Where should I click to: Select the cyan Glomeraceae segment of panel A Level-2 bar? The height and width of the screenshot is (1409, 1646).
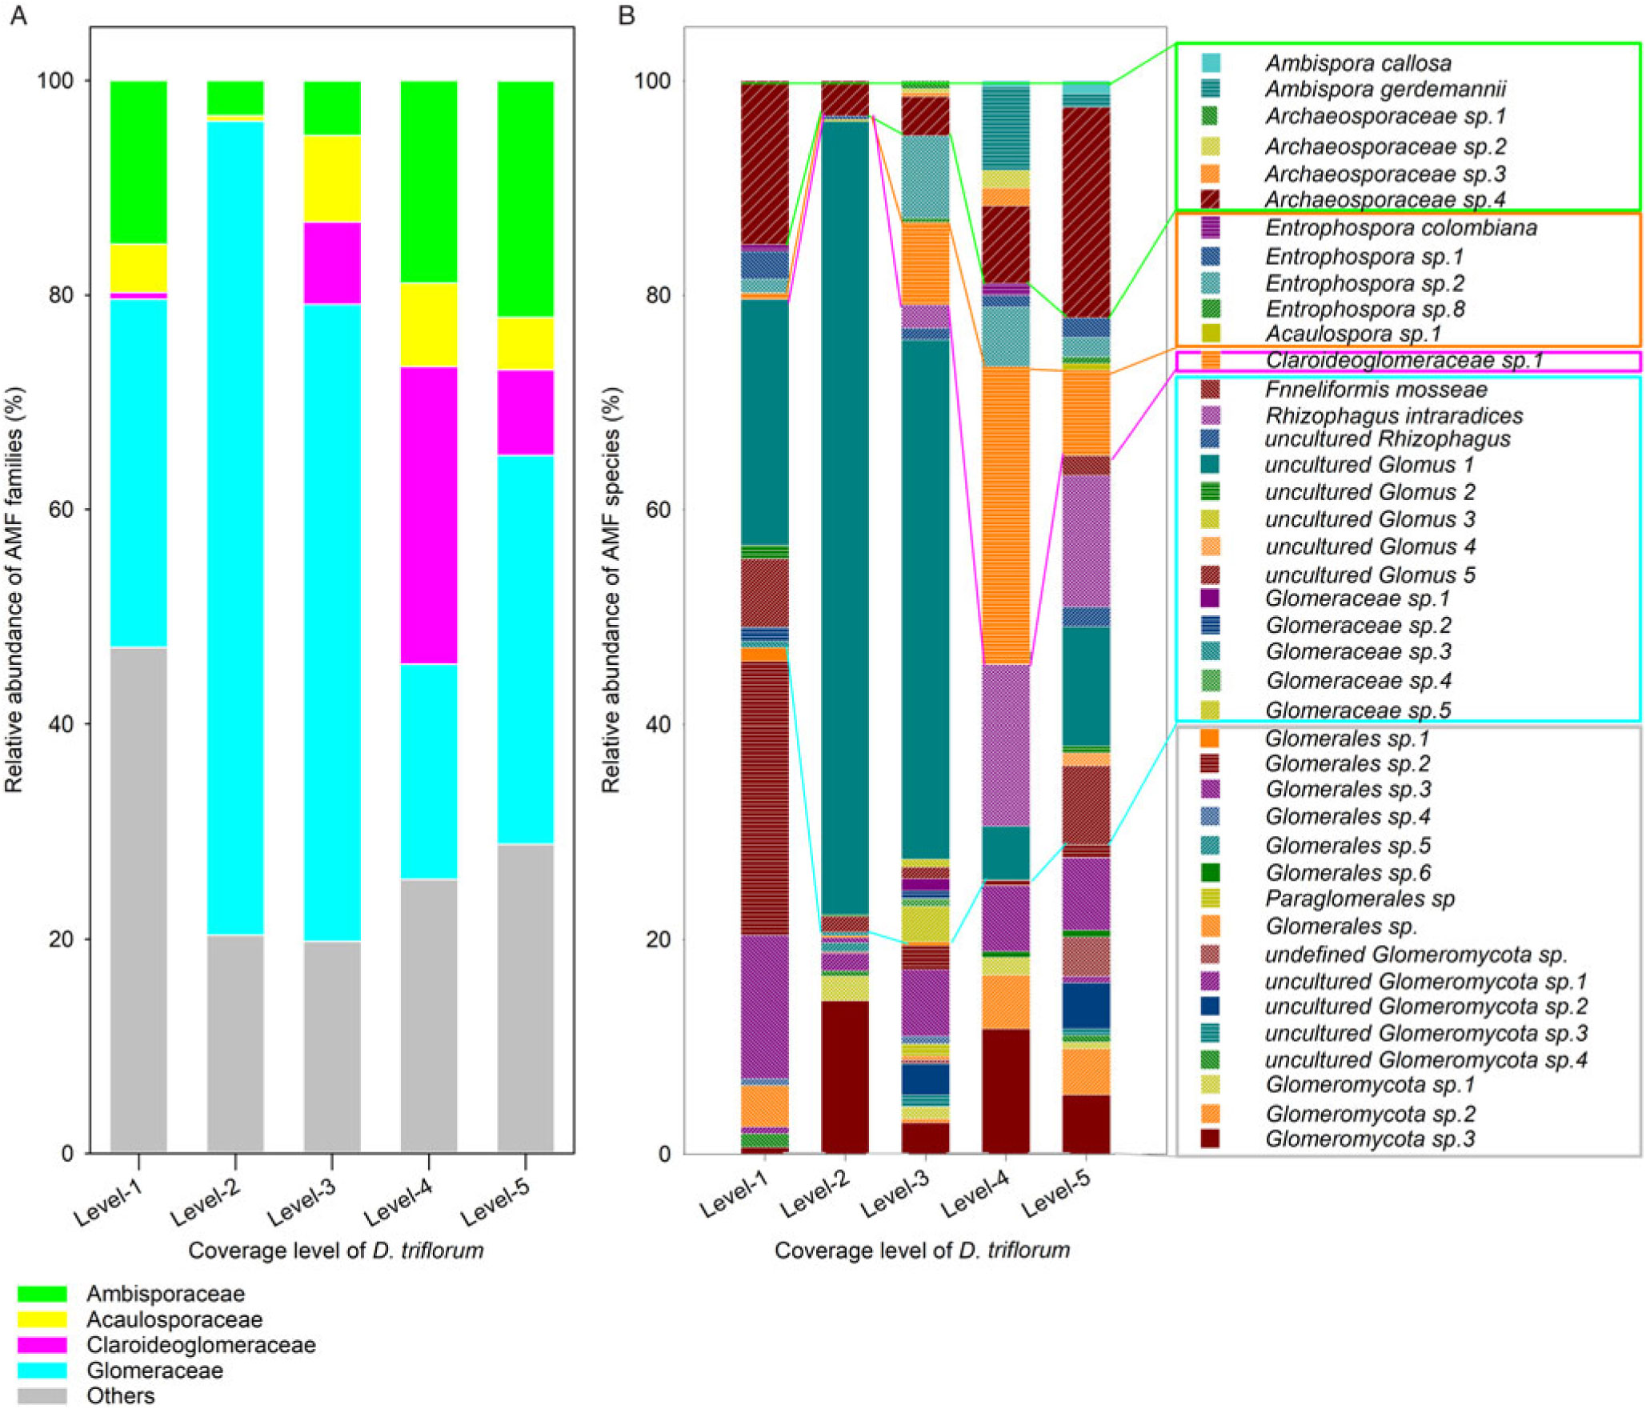click(x=235, y=527)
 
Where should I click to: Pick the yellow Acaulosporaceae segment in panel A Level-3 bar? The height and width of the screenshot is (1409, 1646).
click(x=332, y=178)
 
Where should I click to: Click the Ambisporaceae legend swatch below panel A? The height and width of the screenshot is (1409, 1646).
click(x=42, y=1294)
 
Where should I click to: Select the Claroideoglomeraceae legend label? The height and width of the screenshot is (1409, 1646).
click(x=201, y=1345)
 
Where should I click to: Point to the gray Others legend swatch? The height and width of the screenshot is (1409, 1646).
click(x=42, y=1395)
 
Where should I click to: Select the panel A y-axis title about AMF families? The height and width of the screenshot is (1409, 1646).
click(x=14, y=590)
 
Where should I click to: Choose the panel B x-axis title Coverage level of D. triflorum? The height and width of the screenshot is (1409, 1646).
click(x=922, y=1251)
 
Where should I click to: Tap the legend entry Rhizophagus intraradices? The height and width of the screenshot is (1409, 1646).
click(x=1393, y=415)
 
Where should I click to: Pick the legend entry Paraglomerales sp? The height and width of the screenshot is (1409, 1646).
click(x=1360, y=899)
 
